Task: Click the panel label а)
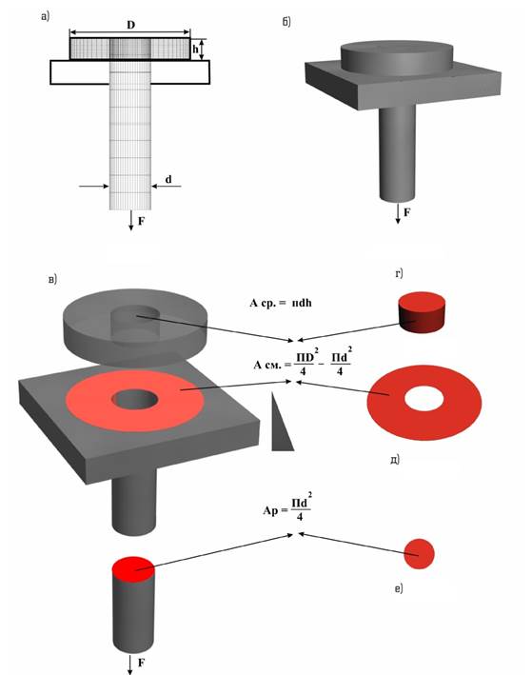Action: tap(45, 17)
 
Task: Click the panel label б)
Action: tap(286, 22)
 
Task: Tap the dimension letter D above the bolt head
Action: tap(130, 25)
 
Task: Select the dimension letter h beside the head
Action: tap(195, 50)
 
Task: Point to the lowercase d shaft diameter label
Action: tap(168, 179)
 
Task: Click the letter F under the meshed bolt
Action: tap(141, 221)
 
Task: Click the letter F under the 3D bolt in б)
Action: tap(406, 212)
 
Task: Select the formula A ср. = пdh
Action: tap(281, 303)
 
